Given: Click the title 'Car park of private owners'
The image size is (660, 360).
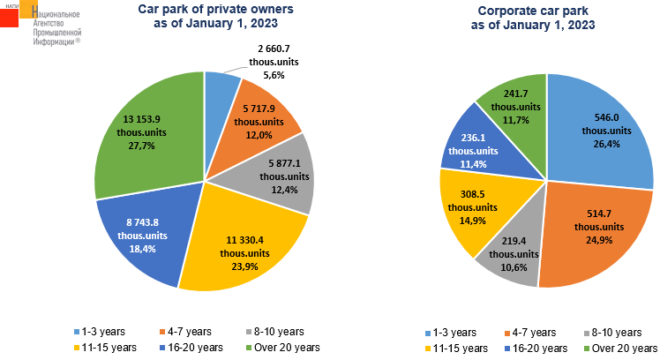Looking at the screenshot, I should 202,11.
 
